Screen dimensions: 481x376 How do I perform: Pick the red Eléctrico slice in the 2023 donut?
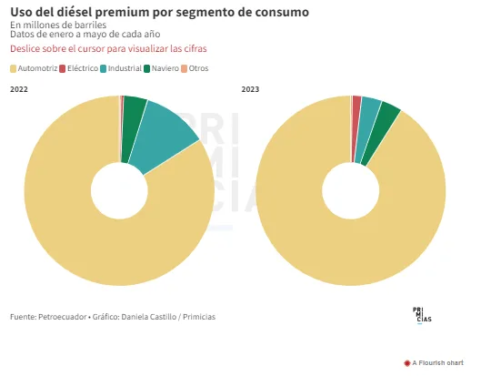point(356,129)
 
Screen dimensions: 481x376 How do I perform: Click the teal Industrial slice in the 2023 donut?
point(368,129)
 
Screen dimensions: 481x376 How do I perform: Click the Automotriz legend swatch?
point(14,68)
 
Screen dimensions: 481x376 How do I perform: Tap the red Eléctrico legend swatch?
point(63,68)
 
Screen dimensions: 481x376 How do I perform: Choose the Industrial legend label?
point(125,68)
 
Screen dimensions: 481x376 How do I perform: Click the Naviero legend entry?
point(161,68)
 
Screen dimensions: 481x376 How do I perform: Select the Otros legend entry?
point(195,68)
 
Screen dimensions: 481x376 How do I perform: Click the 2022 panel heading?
point(19,89)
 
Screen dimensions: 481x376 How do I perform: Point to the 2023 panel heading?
point(250,89)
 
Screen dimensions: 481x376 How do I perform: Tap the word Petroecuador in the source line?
point(62,317)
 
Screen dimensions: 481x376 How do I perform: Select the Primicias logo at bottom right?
point(422,315)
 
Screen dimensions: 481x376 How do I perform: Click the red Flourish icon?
point(407,363)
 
